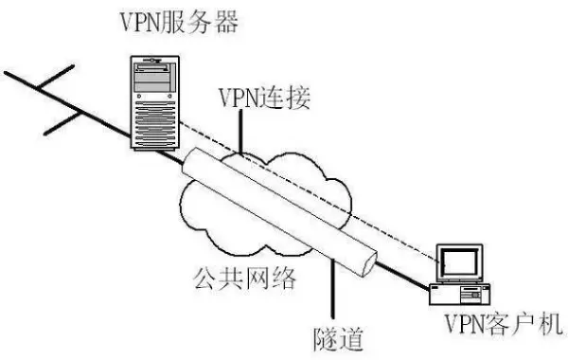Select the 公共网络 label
point(247,278)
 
